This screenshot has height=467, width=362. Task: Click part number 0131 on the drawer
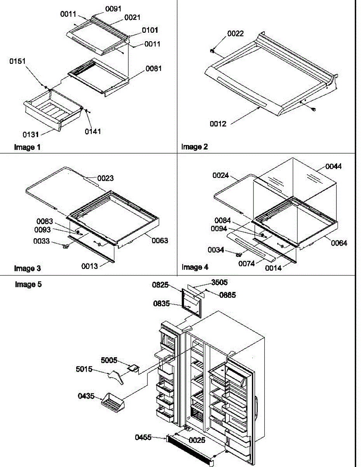[x=31, y=134]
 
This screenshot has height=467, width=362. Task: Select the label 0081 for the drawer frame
[x=154, y=68]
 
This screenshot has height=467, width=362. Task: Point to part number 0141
[x=93, y=131]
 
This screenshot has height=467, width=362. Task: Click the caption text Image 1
[x=27, y=147]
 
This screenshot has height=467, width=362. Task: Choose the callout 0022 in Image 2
[x=235, y=34]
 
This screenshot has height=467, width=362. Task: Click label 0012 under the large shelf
[x=218, y=124]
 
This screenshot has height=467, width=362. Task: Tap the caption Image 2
[x=194, y=147]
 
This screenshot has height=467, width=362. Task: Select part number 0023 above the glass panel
[x=105, y=178]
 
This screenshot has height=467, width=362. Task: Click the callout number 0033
[x=42, y=241]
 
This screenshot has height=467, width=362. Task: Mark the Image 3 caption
[x=27, y=268]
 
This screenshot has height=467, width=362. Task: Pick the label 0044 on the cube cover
[x=334, y=167]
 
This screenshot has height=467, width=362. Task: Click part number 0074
[x=247, y=263]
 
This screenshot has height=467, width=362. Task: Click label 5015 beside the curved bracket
[x=84, y=369]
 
